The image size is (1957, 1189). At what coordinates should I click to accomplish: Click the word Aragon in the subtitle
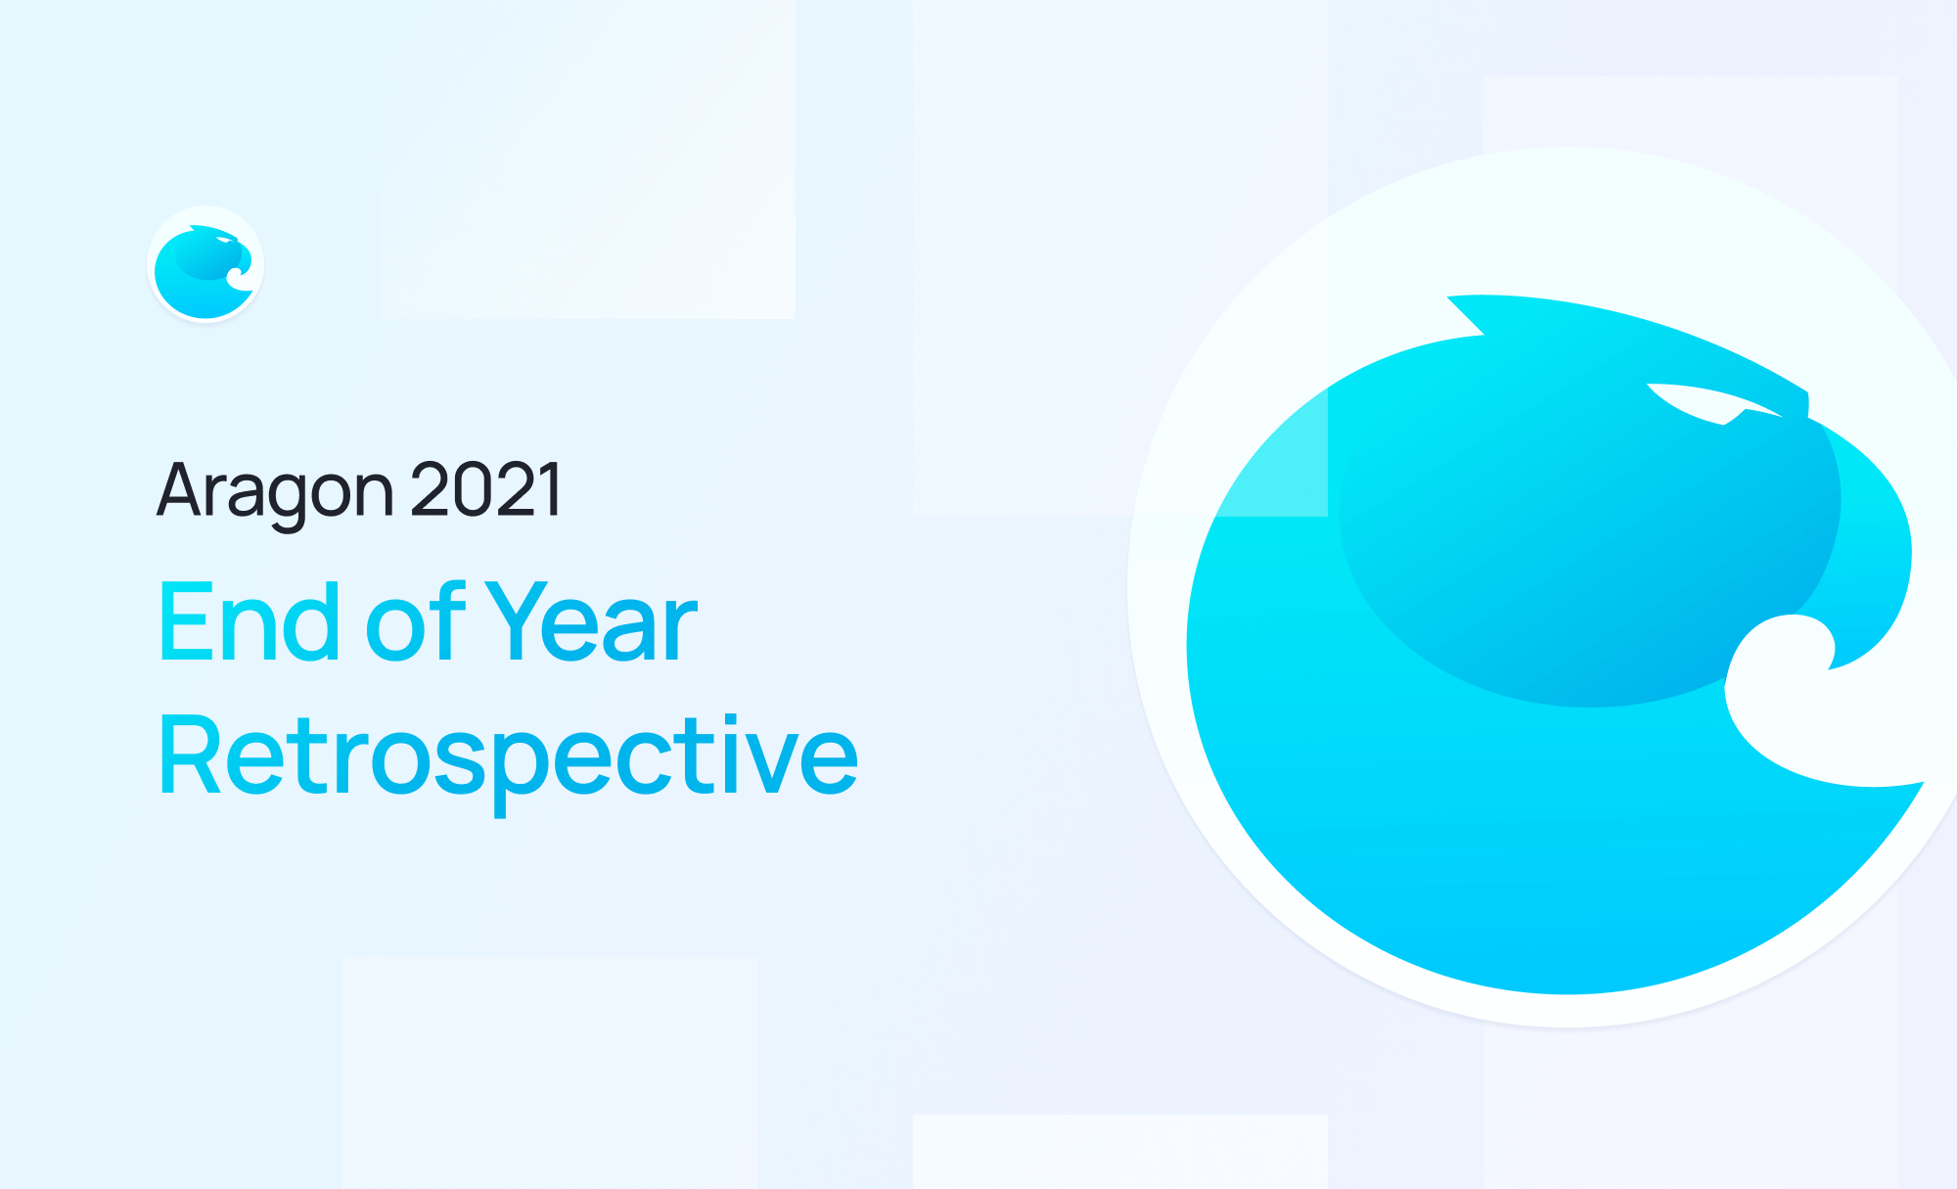point(274,491)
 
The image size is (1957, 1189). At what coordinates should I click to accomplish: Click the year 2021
point(486,489)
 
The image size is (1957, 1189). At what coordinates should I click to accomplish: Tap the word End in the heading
point(250,623)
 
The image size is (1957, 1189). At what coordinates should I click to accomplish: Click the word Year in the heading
point(591,623)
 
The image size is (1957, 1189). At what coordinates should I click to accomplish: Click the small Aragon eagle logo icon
point(205,264)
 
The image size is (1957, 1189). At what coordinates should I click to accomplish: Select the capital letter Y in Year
point(517,621)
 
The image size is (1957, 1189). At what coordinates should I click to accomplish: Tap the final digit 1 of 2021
point(552,489)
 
